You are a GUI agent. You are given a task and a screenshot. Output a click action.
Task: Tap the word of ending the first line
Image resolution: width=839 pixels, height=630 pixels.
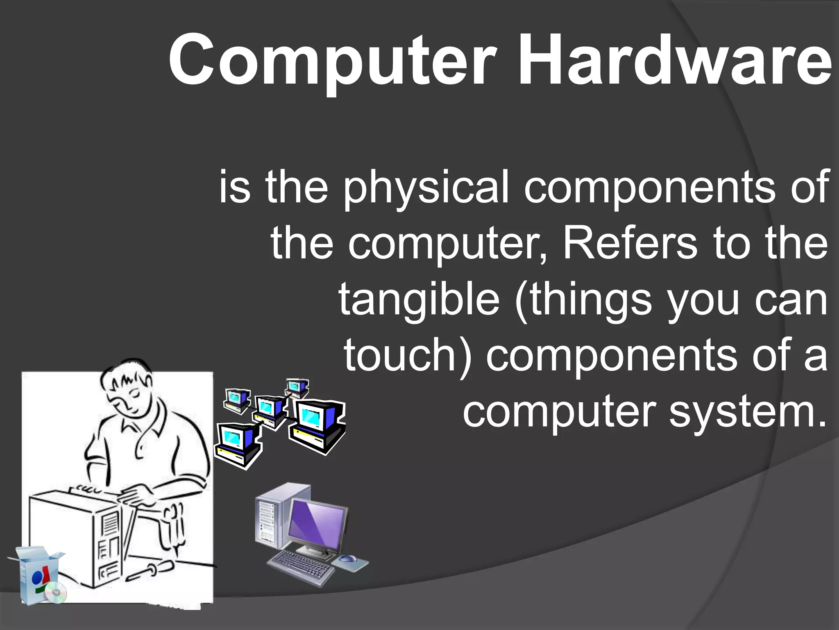tap(809, 187)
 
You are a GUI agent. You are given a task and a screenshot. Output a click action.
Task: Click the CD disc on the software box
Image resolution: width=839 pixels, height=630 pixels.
tap(56, 593)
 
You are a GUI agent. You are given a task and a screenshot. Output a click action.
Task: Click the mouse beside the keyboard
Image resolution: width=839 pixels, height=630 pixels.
tap(348, 559)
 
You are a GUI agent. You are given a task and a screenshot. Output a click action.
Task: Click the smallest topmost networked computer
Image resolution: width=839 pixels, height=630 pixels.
tap(297, 388)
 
